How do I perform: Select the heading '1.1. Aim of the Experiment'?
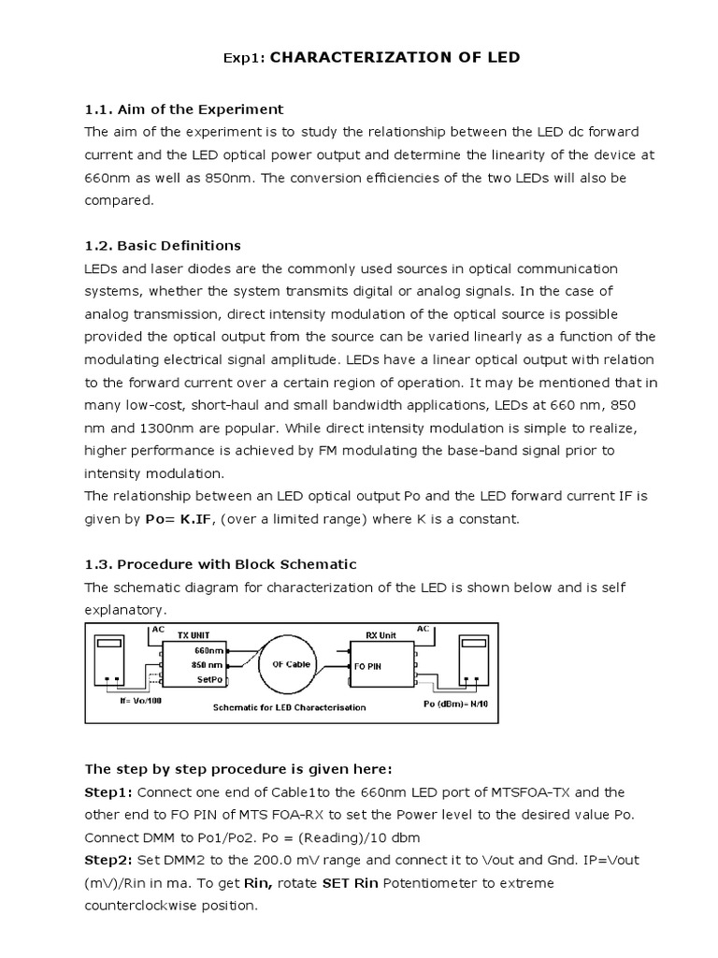pyautogui.click(x=184, y=109)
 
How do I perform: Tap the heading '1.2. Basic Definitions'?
pyautogui.click(x=163, y=246)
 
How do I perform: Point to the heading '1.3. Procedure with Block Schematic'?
pyautogui.click(x=221, y=564)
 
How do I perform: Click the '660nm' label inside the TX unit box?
pyautogui.click(x=208, y=649)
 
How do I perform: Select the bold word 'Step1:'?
pyautogui.click(x=109, y=792)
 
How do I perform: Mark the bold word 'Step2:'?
pyautogui.click(x=109, y=860)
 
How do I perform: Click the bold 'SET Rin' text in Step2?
pyautogui.click(x=352, y=883)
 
